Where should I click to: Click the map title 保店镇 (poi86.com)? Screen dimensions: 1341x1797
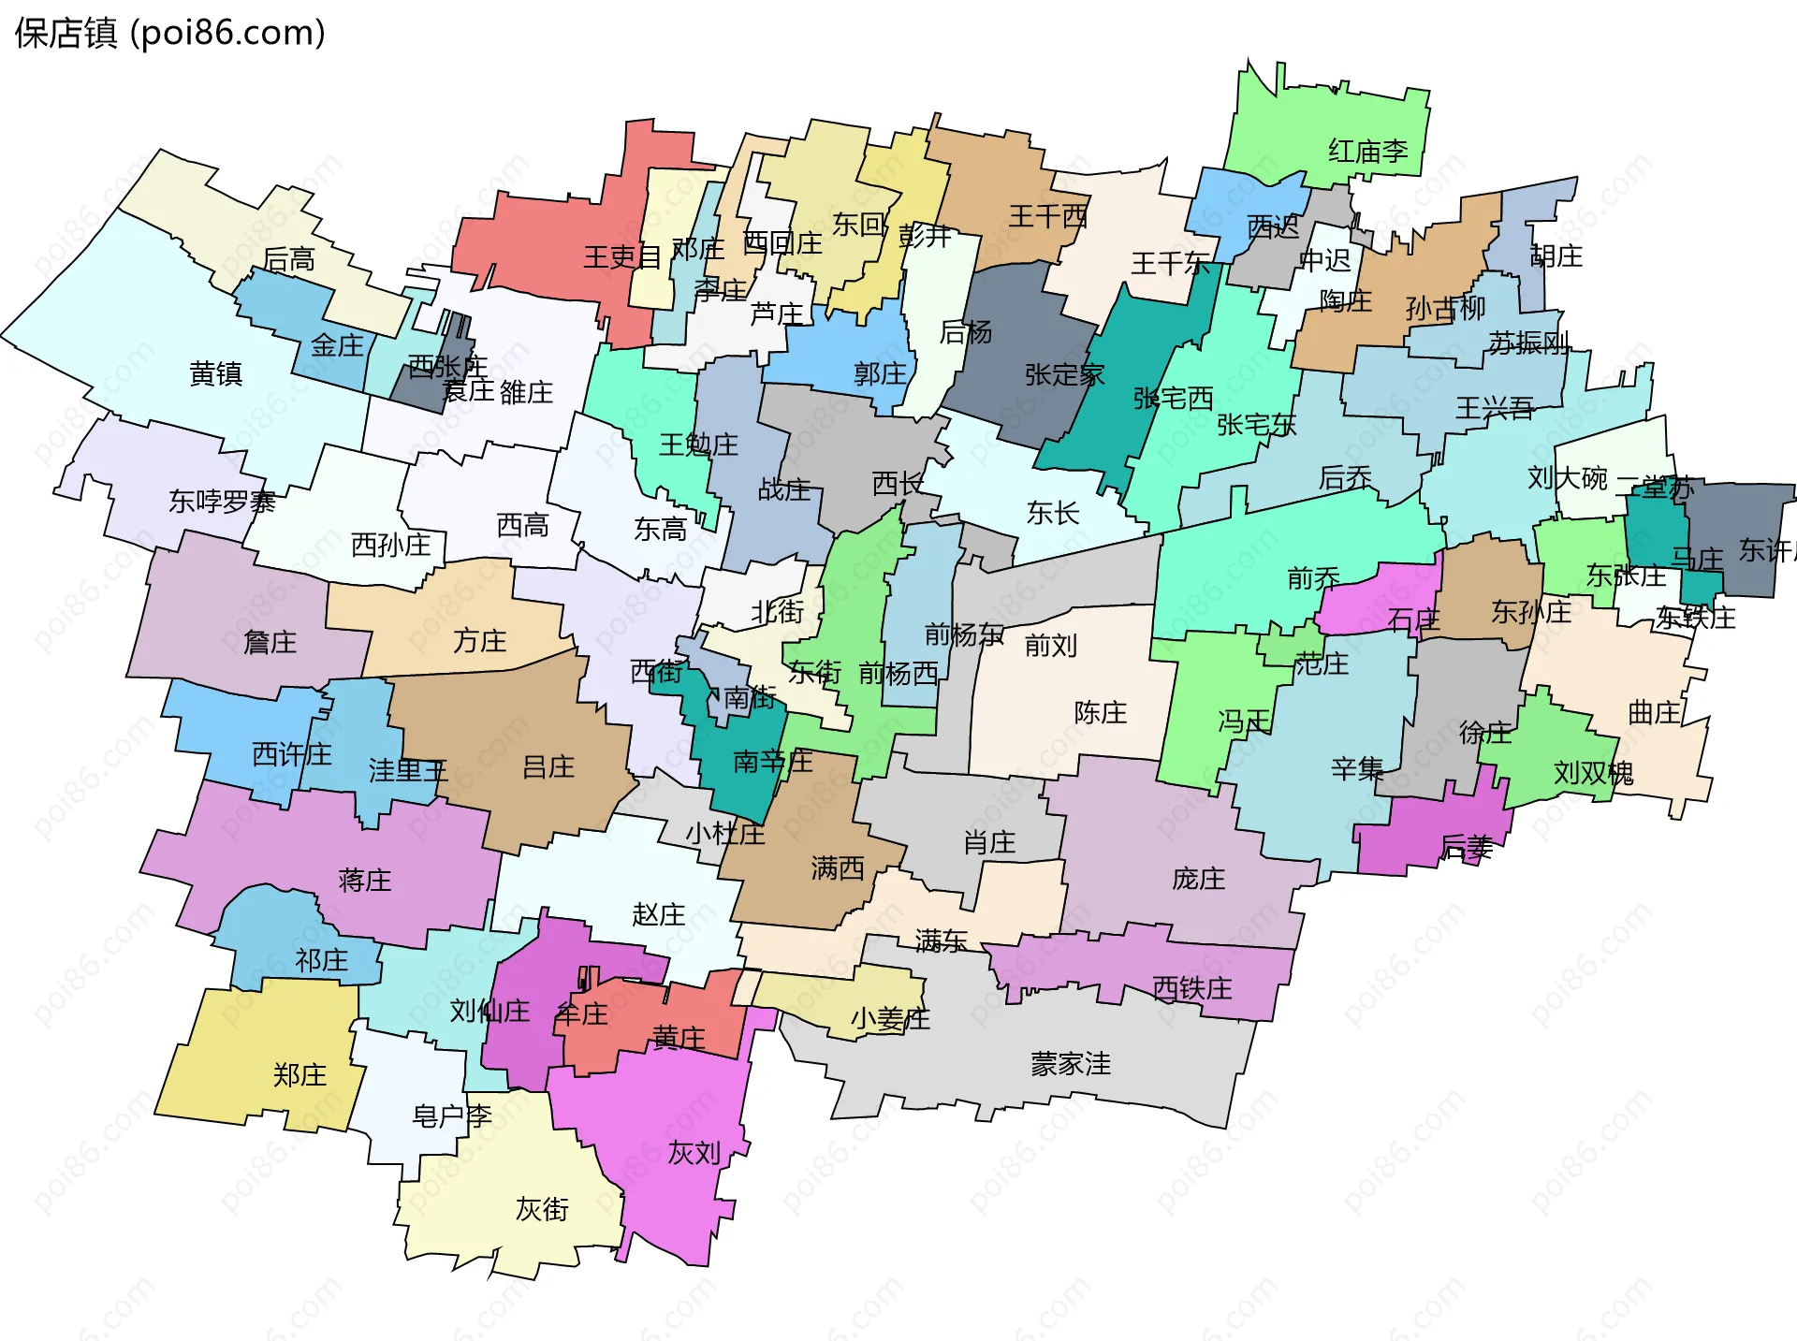170,34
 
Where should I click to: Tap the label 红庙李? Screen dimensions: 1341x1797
1367,151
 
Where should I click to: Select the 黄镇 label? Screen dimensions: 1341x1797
215,374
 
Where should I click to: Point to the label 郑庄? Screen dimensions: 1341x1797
299,1075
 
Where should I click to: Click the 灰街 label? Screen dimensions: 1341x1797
542,1210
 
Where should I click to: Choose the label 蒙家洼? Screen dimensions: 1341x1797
1071,1064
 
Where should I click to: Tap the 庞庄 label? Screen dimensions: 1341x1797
1198,879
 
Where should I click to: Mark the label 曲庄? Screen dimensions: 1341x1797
1655,713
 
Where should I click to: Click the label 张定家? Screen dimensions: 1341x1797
1064,375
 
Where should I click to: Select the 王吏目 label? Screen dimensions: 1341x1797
622,257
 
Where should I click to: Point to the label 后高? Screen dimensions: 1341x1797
288,259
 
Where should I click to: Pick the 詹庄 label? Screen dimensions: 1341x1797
270,643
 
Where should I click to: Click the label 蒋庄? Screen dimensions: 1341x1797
364,881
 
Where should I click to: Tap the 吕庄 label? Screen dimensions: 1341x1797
548,767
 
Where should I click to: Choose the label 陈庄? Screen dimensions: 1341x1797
1100,713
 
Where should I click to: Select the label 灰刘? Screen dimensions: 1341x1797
694,1154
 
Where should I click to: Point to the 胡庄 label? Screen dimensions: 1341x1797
1556,256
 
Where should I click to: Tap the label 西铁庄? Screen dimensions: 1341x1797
1191,988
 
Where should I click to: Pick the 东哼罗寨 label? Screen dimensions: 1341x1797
222,503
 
